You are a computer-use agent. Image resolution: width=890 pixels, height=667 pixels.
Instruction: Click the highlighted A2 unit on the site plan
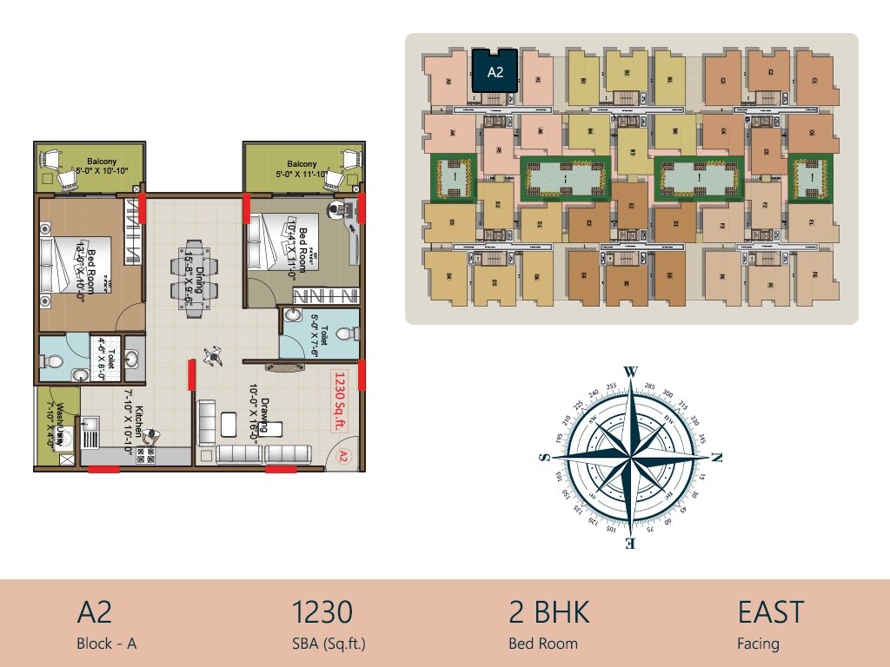495,70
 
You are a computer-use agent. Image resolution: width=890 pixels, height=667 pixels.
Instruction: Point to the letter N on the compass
717,457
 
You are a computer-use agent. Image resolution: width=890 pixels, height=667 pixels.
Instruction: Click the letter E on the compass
631,544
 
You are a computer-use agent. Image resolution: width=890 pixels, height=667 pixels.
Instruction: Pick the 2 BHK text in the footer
548,612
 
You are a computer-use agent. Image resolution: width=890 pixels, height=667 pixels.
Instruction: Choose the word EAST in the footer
771,612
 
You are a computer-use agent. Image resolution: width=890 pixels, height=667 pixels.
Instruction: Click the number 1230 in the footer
322,612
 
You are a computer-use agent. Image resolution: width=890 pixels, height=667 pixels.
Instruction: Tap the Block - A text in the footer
107,644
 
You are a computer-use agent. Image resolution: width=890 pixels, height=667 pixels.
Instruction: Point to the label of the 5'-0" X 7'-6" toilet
319,335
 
